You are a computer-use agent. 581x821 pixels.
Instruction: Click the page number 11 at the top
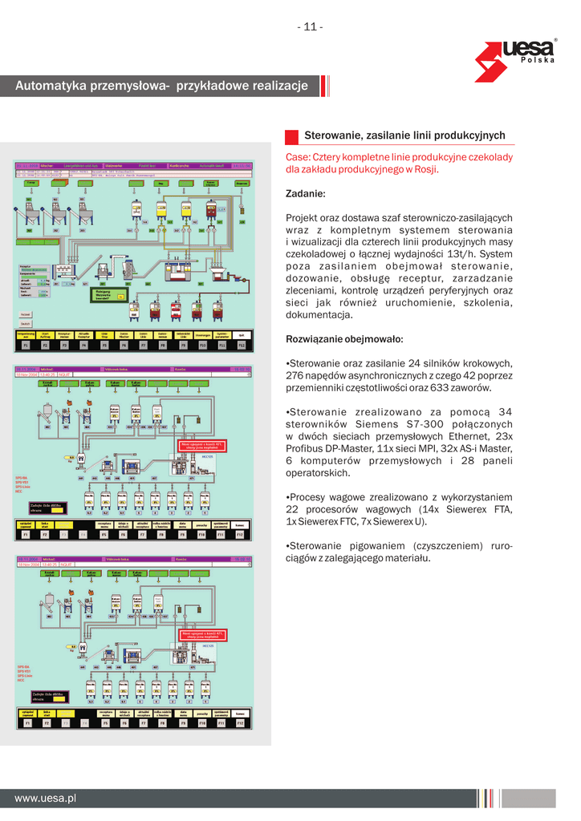(x=311, y=27)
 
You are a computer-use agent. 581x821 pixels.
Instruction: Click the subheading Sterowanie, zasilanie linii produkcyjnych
(x=404, y=135)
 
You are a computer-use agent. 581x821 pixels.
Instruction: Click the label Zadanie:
(x=306, y=194)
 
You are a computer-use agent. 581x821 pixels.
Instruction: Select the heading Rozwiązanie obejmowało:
(x=345, y=338)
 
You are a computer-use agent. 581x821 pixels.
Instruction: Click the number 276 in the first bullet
(x=296, y=375)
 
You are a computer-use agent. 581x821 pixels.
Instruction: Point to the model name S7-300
(x=458, y=424)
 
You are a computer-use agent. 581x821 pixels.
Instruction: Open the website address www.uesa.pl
(x=45, y=798)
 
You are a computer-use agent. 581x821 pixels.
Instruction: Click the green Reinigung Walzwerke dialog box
(x=108, y=294)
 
